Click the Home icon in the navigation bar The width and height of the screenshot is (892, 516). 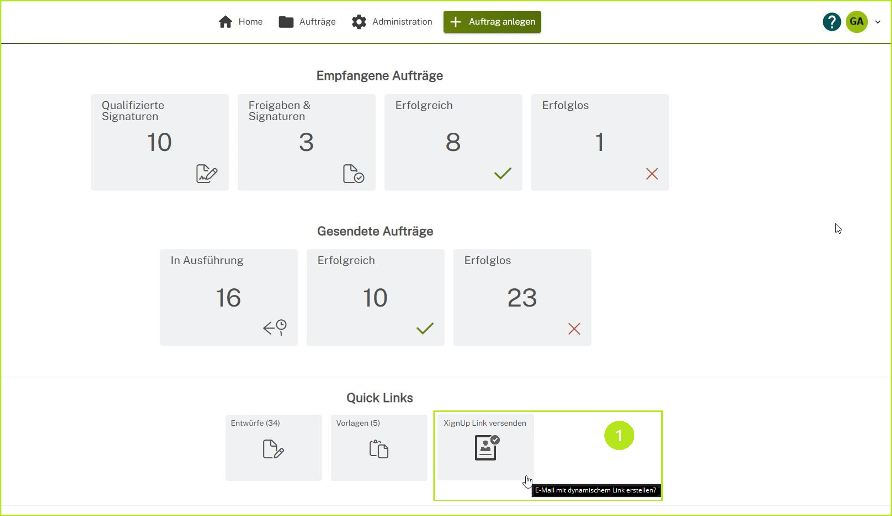[225, 22]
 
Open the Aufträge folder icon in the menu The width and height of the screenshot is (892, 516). [286, 22]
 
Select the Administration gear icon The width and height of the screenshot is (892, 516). [359, 22]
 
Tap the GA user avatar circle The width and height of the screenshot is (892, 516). [856, 22]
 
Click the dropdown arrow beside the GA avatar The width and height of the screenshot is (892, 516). [878, 22]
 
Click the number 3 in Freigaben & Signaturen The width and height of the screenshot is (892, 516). [306, 142]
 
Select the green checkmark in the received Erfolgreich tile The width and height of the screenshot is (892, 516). [503, 173]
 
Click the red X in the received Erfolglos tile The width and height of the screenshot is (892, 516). [652, 174]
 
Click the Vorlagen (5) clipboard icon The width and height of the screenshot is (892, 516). [379, 449]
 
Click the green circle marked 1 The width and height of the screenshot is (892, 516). [619, 435]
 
